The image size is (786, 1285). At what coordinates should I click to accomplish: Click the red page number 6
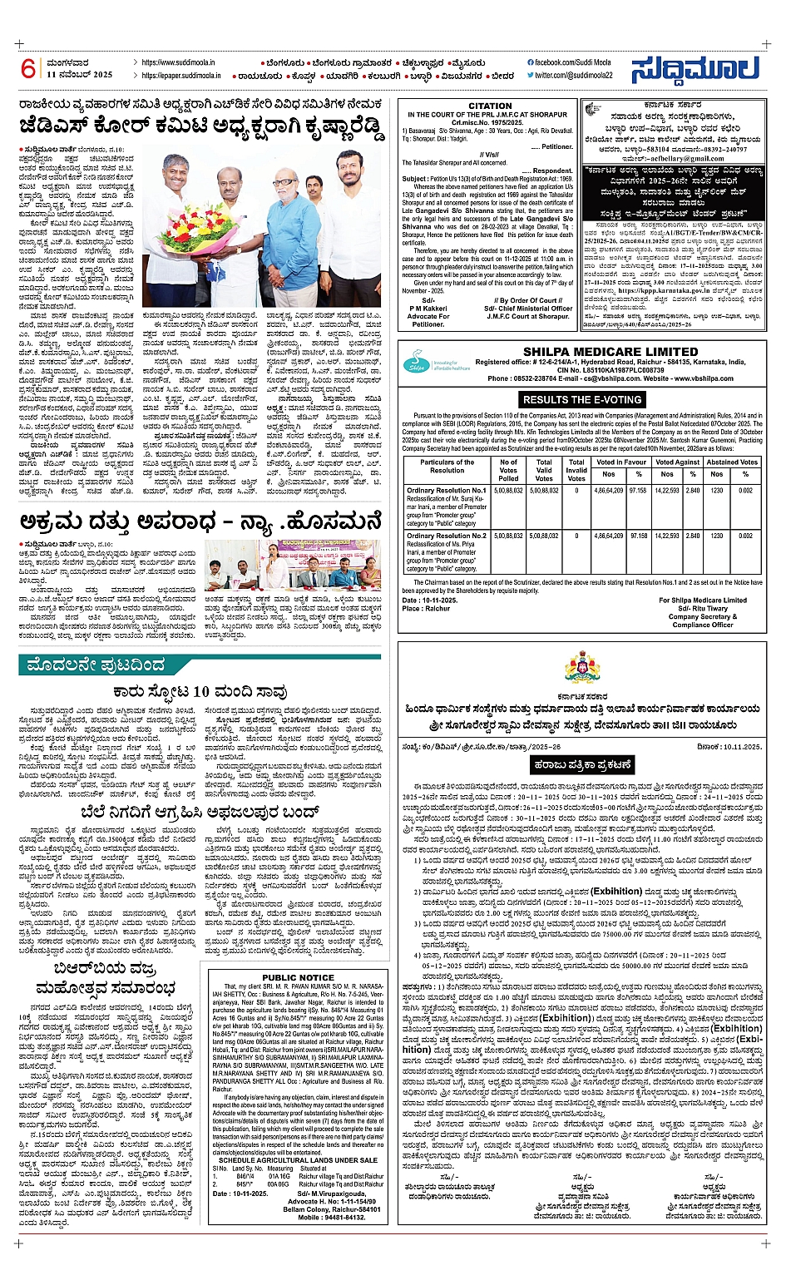[x=28, y=68]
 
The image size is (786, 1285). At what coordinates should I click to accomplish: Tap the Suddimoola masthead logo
[x=695, y=70]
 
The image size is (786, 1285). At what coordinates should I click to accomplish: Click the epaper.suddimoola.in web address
[x=180, y=76]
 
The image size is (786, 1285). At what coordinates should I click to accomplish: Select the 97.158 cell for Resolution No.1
[x=637, y=491]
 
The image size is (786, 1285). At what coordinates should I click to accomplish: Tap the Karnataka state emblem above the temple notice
[x=581, y=668]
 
